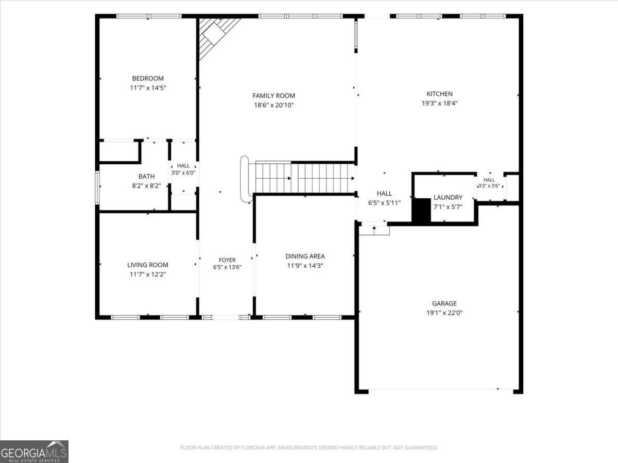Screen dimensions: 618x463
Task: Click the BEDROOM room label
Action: click(148, 78)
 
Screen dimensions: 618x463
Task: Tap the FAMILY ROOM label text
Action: click(273, 96)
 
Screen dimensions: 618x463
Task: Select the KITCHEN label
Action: click(439, 94)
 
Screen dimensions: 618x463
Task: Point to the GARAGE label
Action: click(444, 303)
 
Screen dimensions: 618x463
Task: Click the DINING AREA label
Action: click(305, 256)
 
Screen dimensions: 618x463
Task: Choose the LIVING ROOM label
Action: click(148, 265)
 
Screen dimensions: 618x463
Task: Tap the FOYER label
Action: click(227, 260)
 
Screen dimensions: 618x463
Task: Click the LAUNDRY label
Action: click(448, 197)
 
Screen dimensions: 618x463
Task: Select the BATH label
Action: click(146, 177)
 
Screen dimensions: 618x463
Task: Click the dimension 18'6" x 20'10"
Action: click(273, 105)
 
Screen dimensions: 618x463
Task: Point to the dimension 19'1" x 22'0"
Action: click(444, 313)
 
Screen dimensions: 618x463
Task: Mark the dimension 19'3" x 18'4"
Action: click(439, 104)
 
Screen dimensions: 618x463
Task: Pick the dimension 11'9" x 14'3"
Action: click(305, 265)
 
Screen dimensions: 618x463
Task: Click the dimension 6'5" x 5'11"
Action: click(384, 203)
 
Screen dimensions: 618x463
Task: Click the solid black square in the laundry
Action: click(421, 210)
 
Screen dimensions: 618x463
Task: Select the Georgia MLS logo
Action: click(34, 452)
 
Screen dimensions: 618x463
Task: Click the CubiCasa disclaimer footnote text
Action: click(309, 448)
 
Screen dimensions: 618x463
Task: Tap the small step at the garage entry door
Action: click(374, 231)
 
